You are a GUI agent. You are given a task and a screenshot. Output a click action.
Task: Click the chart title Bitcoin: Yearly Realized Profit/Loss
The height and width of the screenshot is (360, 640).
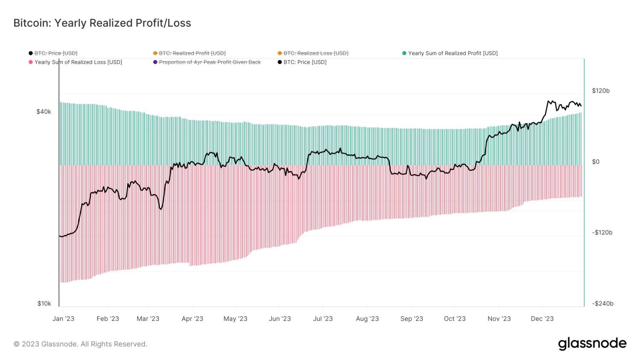[102, 23]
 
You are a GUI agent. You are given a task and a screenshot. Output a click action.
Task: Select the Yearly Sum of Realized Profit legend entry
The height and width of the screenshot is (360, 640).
[452, 53]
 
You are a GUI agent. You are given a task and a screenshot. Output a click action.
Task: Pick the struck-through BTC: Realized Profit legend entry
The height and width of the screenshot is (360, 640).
[192, 53]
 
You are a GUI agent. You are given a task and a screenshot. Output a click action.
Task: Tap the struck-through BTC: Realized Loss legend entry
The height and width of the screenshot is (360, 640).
[315, 53]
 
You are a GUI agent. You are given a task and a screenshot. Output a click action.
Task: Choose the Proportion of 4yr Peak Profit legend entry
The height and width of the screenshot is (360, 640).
[210, 62]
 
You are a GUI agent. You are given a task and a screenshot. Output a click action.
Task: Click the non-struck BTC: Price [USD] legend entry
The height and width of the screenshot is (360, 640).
[305, 62]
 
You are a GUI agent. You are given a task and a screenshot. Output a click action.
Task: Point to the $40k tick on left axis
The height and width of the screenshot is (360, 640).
[44, 112]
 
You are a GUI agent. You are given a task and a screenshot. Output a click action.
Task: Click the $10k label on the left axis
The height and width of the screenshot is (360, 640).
[44, 303]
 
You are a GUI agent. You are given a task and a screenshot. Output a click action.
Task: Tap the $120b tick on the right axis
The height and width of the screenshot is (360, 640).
[600, 91]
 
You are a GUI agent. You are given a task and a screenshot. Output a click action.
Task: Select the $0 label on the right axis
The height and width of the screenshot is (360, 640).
[596, 162]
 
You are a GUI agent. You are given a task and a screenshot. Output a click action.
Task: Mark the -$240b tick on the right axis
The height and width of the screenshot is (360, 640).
[602, 303]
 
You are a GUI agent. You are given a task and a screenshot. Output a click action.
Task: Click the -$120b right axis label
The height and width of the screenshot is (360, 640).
[602, 232]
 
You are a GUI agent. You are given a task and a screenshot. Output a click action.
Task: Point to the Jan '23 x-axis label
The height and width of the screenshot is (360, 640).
[63, 319]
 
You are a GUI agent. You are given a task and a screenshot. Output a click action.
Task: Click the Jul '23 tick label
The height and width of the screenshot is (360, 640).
[323, 319]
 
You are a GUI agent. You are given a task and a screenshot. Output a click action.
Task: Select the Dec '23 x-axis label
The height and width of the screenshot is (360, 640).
[542, 319]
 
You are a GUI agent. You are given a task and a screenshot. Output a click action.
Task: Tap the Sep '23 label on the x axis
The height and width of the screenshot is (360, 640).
[412, 319]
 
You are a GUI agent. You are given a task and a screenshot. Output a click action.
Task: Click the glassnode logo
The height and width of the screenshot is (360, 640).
[592, 344]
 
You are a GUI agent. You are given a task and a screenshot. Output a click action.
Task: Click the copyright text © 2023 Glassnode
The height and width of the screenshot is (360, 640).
[80, 344]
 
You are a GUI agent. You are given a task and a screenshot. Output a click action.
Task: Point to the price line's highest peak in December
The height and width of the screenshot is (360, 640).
[549, 101]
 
